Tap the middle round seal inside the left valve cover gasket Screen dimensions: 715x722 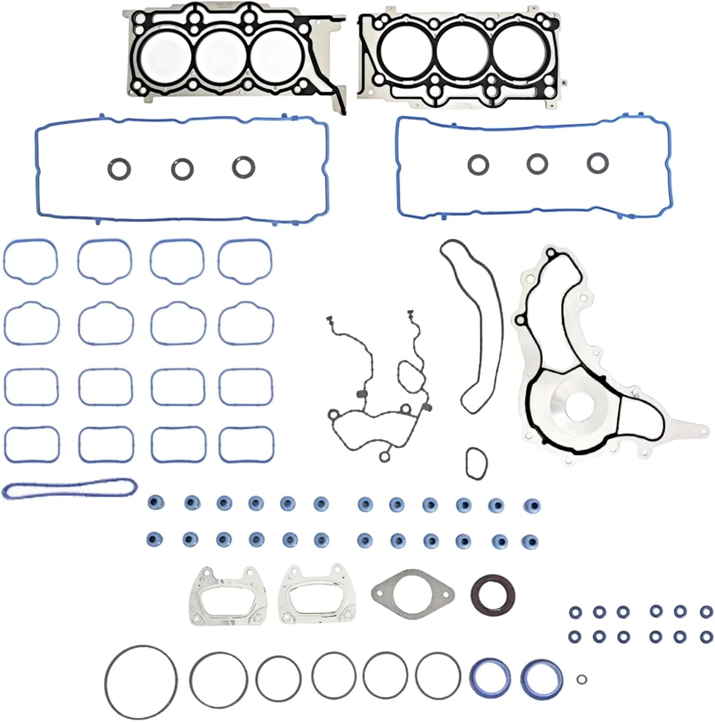click(182, 168)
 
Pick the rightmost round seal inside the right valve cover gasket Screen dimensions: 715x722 click(598, 163)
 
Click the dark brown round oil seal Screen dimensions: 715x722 click(493, 594)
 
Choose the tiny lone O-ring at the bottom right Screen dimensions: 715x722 click(581, 679)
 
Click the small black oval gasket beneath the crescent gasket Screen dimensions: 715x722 click(476, 463)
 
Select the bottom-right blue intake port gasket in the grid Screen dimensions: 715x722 click(246, 444)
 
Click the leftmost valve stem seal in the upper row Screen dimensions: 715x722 click(155, 503)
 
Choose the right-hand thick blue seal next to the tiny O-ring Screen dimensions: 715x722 click(541, 679)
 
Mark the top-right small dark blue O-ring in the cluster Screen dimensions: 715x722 click(706, 611)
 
